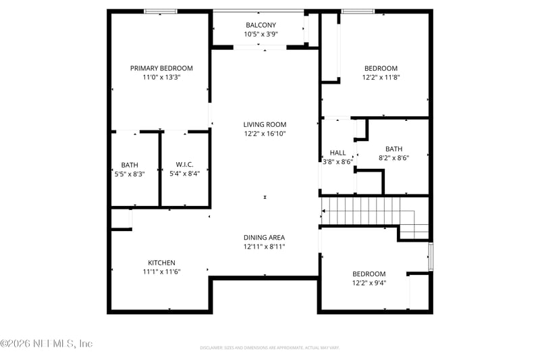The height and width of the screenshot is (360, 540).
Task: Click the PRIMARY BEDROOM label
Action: coord(161,68)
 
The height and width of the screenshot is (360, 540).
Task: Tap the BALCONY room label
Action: coord(261,25)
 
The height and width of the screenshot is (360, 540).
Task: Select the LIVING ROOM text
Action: coord(265,124)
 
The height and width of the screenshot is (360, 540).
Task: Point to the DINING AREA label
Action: coord(264,237)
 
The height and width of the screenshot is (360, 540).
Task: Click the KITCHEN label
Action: coord(161,263)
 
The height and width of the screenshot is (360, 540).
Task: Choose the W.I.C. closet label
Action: coord(185,164)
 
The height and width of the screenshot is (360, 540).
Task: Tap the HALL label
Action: coord(337,153)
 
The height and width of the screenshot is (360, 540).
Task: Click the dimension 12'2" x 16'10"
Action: coord(265,134)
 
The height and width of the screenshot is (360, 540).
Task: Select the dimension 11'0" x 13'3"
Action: coord(161,78)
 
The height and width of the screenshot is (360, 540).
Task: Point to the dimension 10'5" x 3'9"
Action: coord(261,34)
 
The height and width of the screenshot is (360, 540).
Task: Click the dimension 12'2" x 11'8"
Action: coord(381,78)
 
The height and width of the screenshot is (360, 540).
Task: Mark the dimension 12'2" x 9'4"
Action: coord(369,283)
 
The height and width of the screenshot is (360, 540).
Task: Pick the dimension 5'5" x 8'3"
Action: coord(129,173)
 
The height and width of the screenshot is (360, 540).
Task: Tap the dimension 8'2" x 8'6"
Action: coord(394,158)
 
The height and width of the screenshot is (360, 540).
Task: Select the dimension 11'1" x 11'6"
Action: coord(161,272)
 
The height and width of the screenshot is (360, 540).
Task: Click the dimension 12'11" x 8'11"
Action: coord(264,247)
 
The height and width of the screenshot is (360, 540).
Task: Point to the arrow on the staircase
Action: coord(325,211)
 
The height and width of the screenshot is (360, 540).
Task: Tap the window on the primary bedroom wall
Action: coord(161,11)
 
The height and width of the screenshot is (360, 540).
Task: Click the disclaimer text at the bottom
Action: coord(269,347)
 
